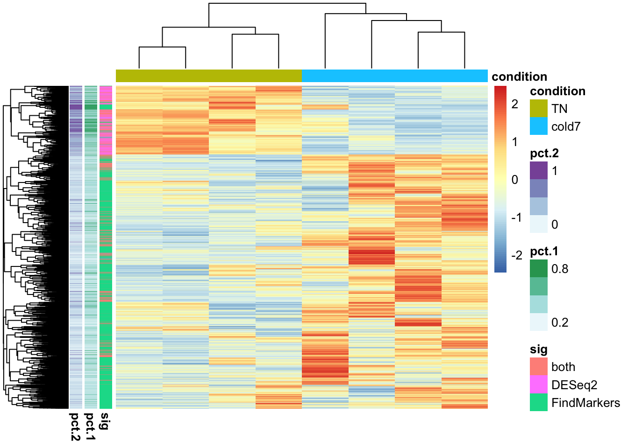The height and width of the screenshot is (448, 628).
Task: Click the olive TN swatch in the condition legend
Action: [538, 109]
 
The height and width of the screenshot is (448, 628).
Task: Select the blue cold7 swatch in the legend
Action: [538, 126]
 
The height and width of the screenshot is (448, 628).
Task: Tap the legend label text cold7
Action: [566, 126]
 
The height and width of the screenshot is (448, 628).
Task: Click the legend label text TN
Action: [559, 109]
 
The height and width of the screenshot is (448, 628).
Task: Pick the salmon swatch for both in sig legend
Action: [538, 367]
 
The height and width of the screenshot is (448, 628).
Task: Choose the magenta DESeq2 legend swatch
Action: [538, 385]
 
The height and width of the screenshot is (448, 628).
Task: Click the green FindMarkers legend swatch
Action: [538, 402]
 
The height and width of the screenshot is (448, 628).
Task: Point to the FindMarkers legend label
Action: [585, 403]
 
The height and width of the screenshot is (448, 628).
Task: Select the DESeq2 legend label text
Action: [574, 385]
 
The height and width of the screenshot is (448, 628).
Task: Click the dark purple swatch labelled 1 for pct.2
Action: [538, 170]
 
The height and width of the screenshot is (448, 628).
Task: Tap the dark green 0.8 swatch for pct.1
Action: [538, 269]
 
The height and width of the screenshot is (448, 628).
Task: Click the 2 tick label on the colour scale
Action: [515, 104]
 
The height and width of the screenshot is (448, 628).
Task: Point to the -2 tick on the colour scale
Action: [516, 255]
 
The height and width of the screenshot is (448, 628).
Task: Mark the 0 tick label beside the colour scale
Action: [515, 180]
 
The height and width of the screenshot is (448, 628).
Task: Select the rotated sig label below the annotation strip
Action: [106, 420]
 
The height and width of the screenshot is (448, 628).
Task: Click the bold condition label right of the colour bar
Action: [519, 77]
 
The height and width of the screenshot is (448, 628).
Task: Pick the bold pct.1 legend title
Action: [544, 252]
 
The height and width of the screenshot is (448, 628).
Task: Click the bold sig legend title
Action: [538, 350]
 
